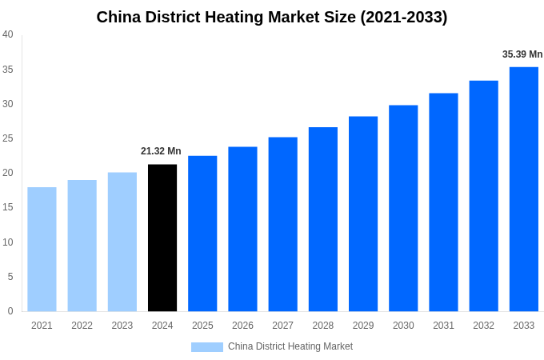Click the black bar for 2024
click(x=162, y=238)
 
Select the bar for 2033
click(x=524, y=189)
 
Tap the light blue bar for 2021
click(x=42, y=249)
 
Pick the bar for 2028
click(x=323, y=219)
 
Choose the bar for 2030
click(x=403, y=208)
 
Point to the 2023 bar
click(x=122, y=242)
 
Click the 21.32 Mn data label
click(x=161, y=151)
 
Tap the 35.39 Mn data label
click(x=522, y=54)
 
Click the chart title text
click(x=272, y=17)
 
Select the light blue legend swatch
click(x=207, y=346)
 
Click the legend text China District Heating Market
click(x=290, y=346)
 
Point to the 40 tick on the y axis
click(x=8, y=34)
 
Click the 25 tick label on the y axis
click(x=8, y=138)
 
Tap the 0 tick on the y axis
click(x=10, y=311)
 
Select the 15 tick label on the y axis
click(x=8, y=207)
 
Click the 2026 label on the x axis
click(x=242, y=326)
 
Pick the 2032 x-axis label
click(x=483, y=326)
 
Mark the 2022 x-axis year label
click(x=82, y=326)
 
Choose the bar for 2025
click(x=202, y=234)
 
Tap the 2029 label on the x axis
click(x=363, y=326)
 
